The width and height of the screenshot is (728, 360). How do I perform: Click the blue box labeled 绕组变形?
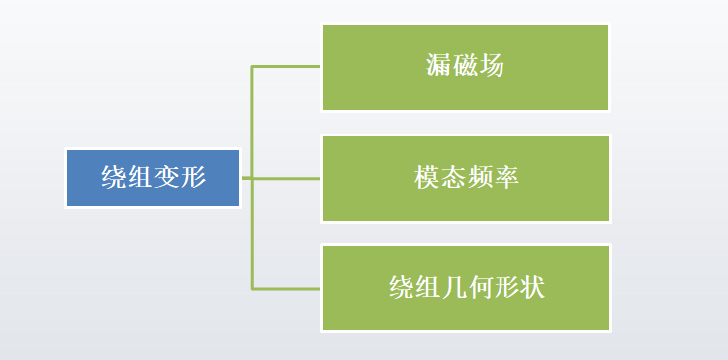pyautogui.click(x=153, y=178)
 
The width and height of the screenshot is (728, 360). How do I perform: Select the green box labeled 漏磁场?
pyautogui.click(x=465, y=67)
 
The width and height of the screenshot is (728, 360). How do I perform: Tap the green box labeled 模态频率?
pyautogui.click(x=465, y=178)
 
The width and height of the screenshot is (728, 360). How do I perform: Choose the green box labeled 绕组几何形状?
pyautogui.click(x=465, y=289)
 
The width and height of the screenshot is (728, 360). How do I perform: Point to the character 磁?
pyautogui.click(x=466, y=67)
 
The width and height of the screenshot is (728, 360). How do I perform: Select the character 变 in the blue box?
pyautogui.click(x=167, y=178)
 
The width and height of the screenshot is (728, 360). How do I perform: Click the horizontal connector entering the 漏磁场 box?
pyautogui.click(x=287, y=67)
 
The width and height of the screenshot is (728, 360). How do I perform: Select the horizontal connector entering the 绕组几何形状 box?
pyautogui.click(x=287, y=289)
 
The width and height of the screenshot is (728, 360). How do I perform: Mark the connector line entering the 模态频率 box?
pyautogui.click(x=287, y=178)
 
